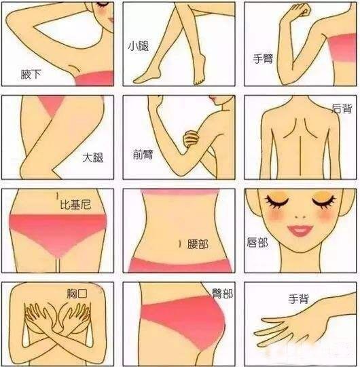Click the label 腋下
click(31, 75)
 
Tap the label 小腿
click(139, 46)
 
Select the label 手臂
click(263, 58)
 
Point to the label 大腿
click(93, 157)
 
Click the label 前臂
click(143, 155)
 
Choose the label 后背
click(342, 109)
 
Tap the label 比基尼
click(75, 204)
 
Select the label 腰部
click(198, 244)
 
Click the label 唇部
click(257, 242)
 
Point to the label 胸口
click(77, 293)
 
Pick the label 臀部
click(222, 293)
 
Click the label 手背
click(298, 299)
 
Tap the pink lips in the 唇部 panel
click(300, 231)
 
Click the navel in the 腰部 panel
click(180, 244)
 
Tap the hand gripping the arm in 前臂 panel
click(192, 139)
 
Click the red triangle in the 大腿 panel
click(52, 105)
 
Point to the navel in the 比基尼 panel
click(57, 196)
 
